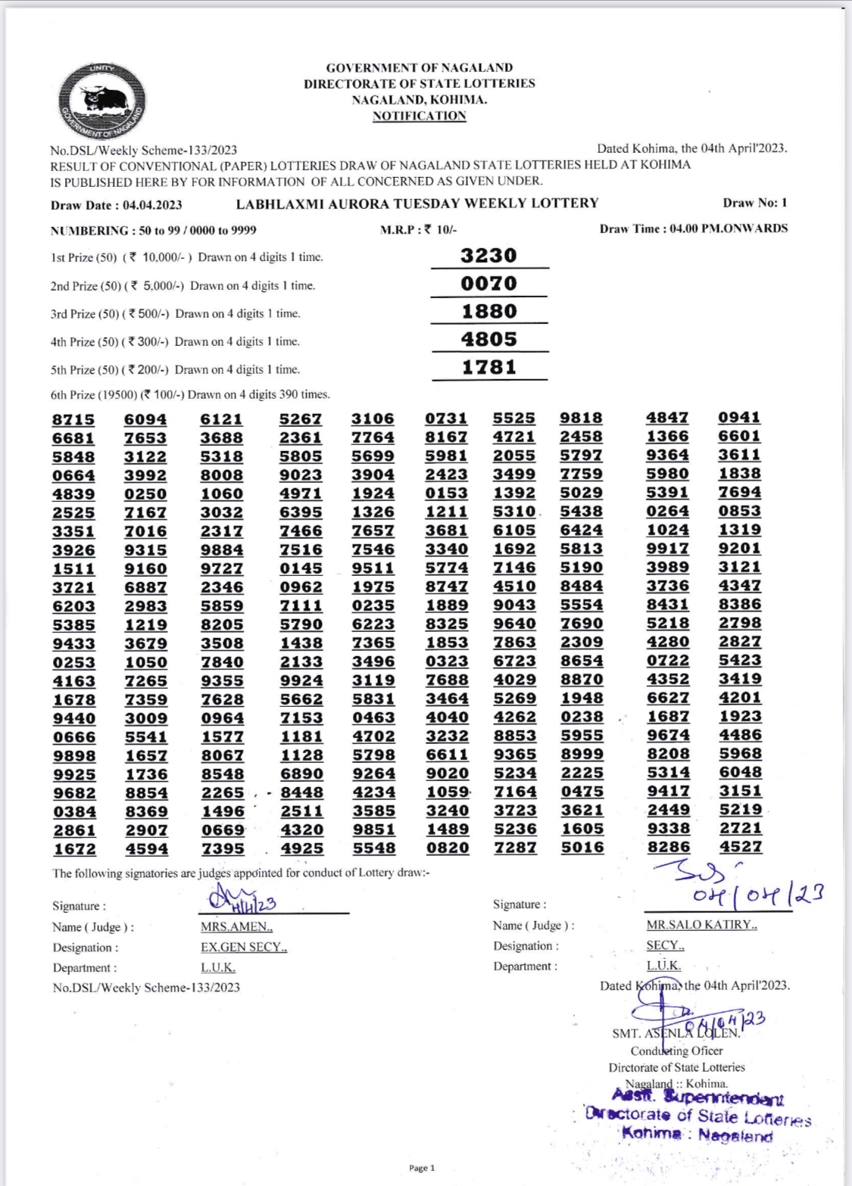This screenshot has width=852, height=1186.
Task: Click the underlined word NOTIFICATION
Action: click(x=419, y=116)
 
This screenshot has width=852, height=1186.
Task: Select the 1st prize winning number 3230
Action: click(x=488, y=255)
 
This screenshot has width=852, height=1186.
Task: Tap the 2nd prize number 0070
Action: click(x=488, y=283)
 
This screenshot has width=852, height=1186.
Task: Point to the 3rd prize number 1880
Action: click(x=488, y=311)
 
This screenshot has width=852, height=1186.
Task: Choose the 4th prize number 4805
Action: click(x=488, y=339)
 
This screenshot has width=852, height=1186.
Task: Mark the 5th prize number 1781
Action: click(x=488, y=367)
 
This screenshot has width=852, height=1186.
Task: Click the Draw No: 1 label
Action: click(x=755, y=203)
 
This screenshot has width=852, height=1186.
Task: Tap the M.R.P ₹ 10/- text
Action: click(x=418, y=229)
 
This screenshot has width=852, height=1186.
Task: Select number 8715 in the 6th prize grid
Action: click(x=73, y=420)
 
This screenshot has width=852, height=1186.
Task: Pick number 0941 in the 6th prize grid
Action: click(x=739, y=417)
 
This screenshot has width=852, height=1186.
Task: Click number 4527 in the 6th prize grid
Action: click(x=740, y=847)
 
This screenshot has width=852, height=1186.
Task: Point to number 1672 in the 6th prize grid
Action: click(x=74, y=849)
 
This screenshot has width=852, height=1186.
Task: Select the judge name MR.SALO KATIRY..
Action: click(x=701, y=925)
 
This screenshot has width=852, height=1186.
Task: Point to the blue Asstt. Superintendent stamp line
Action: click(x=698, y=1097)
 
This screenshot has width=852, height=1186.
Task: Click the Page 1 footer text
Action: click(x=422, y=1168)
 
